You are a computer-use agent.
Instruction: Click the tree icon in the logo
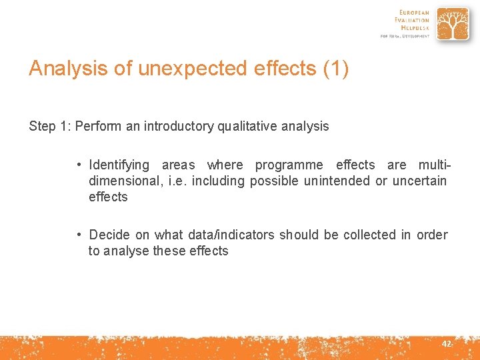pyautogui.click(x=453, y=24)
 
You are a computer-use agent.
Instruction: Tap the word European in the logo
pyautogui.click(x=415, y=12)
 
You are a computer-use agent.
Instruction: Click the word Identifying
pyautogui.click(x=119, y=165)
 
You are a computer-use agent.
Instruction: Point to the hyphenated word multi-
pyautogui.click(x=433, y=165)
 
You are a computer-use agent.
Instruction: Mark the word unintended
pyautogui.click(x=335, y=181)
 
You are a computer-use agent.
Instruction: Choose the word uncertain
pyautogui.click(x=419, y=181)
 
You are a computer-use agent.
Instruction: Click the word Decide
pyautogui.click(x=109, y=235)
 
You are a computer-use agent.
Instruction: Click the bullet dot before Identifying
pyautogui.click(x=79, y=165)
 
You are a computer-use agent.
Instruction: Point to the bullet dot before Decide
pyautogui.click(x=79, y=235)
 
